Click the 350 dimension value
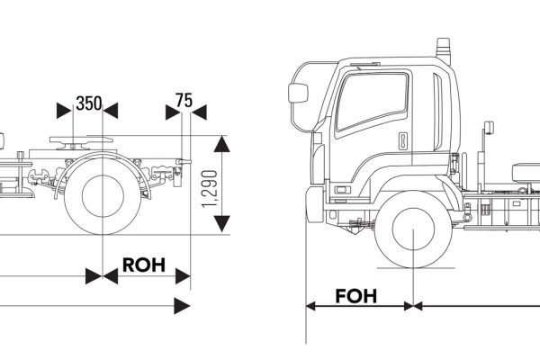87,102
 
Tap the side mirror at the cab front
298,93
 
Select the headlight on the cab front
342,190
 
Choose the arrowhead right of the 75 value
199,110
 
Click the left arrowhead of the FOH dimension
312,306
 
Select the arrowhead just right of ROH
183,274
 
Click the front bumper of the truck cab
313,204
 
